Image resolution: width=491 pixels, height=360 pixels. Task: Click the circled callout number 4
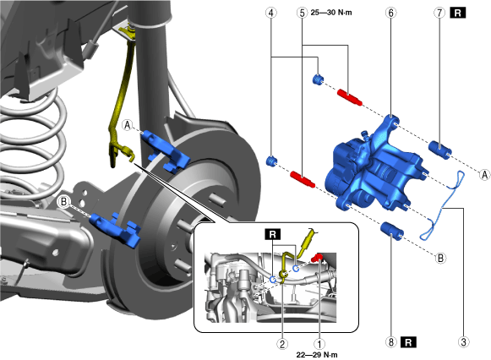click(x=271, y=13)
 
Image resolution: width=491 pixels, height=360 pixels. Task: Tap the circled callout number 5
click(x=302, y=13)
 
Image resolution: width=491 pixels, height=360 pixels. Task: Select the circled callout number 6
click(x=390, y=13)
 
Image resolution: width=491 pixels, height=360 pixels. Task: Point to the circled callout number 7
click(x=439, y=13)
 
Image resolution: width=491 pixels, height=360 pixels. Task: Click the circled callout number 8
click(x=390, y=342)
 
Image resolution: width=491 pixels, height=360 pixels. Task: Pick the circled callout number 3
click(x=463, y=342)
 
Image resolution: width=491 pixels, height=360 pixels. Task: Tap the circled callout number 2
click(x=282, y=344)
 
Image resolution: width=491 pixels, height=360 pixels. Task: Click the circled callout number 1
click(x=319, y=344)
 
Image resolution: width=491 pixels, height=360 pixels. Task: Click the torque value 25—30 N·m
click(x=331, y=13)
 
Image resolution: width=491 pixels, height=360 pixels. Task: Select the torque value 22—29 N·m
click(x=317, y=355)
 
